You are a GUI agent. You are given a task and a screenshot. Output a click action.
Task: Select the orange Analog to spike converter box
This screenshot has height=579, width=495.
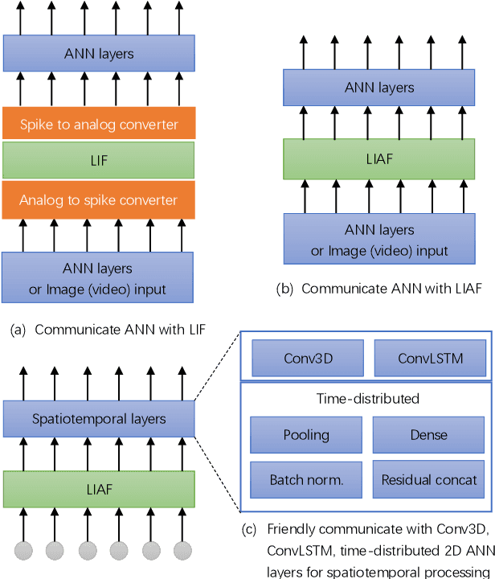tap(98, 199)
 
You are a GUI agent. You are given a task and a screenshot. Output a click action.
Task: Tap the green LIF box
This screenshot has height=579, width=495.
tap(98, 161)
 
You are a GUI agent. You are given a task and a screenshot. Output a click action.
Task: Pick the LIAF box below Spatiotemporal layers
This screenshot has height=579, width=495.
tap(98, 488)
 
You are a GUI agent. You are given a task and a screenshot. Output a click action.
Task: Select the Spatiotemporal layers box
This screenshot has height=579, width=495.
tap(98, 418)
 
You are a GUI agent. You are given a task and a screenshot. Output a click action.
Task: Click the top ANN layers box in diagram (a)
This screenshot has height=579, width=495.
tap(98, 54)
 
